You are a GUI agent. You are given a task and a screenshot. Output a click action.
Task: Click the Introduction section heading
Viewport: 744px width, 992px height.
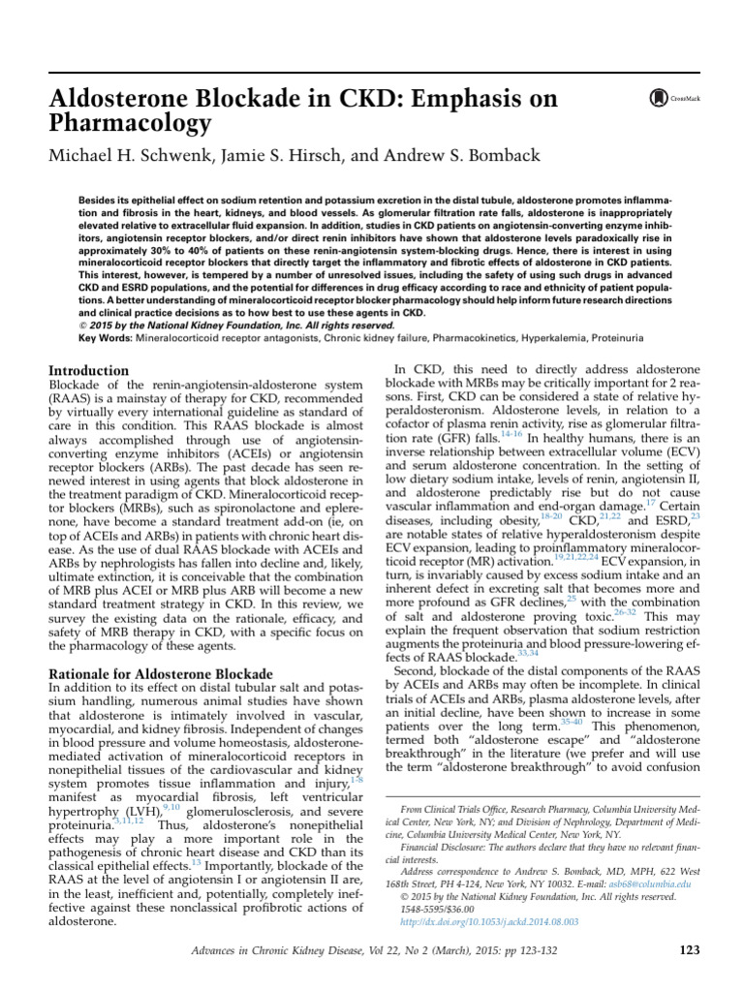tap(88, 371)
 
